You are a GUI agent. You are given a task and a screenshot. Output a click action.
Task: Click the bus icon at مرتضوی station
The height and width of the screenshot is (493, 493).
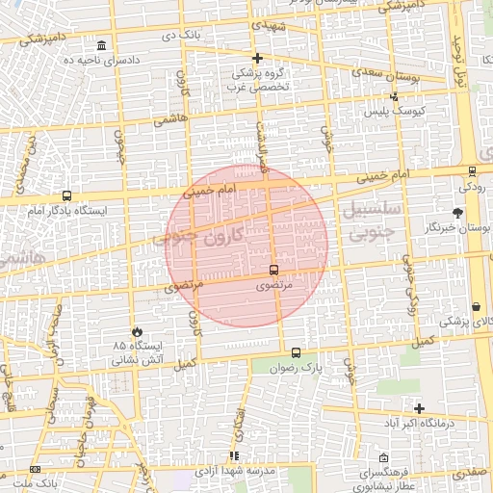point(273,271)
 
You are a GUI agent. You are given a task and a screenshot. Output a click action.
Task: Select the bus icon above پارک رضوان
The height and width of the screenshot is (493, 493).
point(296,352)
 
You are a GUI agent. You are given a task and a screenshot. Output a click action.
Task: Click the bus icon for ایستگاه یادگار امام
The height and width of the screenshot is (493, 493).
point(66,195)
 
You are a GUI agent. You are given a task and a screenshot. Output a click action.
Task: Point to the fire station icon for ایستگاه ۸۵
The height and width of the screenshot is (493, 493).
point(137,331)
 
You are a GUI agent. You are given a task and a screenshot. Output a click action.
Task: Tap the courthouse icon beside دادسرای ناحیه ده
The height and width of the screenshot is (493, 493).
point(102,46)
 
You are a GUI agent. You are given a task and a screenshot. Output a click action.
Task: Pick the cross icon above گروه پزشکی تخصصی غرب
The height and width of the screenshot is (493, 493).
point(257,59)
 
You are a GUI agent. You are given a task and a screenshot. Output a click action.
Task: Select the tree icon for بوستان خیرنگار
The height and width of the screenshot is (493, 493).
point(457,213)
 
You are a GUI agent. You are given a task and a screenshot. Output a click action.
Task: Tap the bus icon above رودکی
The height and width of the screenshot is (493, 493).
point(472,171)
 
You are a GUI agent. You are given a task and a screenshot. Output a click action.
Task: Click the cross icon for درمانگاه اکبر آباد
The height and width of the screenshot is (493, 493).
point(419,408)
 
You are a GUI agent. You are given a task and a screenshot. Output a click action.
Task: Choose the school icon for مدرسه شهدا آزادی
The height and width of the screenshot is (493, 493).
point(234,455)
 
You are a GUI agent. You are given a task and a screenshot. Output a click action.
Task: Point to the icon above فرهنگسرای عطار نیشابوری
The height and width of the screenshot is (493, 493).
point(384,458)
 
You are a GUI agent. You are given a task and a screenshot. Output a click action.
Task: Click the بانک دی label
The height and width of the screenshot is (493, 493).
point(180,35)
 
